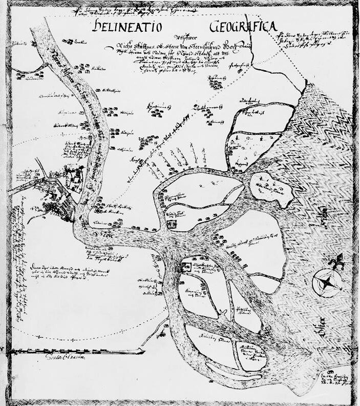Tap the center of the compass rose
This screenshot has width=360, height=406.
[326, 281]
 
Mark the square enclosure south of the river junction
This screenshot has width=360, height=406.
[186, 265]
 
